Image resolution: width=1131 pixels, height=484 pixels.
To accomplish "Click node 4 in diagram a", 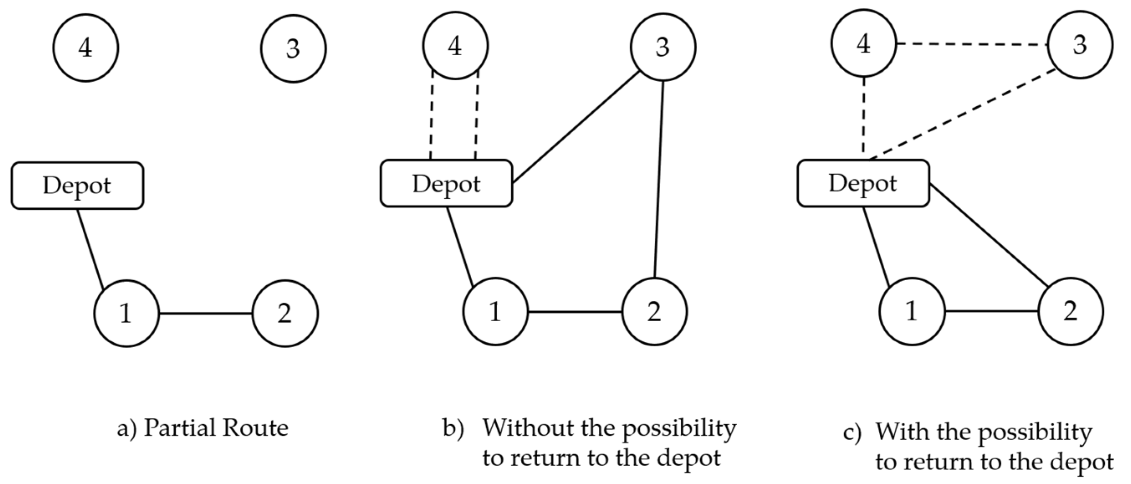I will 86,48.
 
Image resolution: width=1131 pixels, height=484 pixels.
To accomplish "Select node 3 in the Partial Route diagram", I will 293,48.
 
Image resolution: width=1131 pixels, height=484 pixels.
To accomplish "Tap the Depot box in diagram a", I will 77,185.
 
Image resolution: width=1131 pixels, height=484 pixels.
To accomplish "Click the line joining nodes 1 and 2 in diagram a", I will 205,313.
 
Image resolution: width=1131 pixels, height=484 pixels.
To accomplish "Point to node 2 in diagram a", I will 285,313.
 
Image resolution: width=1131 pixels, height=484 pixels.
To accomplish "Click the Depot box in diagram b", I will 446,184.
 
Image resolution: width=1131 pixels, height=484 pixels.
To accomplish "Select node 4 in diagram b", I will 455,46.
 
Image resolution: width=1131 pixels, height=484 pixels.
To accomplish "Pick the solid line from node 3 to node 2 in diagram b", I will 659,180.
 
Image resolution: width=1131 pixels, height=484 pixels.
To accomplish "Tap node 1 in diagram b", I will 495,312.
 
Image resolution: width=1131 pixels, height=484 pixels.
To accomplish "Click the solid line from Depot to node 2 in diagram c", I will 988,235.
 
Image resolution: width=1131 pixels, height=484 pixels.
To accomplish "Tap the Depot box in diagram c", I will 863,183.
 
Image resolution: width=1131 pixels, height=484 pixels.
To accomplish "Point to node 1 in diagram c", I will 912,311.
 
